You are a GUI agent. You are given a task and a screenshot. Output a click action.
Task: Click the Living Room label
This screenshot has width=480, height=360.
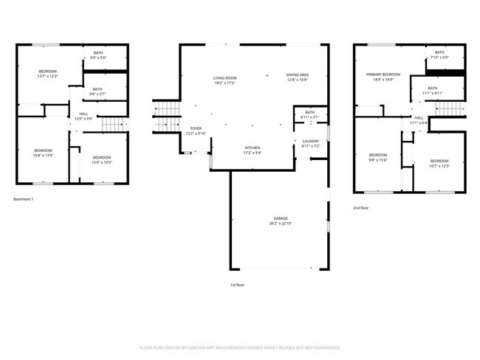tap(224, 77)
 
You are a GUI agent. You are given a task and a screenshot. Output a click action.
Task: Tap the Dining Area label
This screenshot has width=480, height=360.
tap(298, 75)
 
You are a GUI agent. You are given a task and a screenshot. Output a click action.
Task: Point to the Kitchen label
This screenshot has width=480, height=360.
tap(253, 148)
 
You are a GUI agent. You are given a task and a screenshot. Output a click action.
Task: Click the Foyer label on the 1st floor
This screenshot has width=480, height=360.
tap(196, 128)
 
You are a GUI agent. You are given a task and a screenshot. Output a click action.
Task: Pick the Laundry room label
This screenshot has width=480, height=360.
tap(310, 141)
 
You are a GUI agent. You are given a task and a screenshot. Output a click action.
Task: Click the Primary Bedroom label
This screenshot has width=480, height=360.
tap(383, 75)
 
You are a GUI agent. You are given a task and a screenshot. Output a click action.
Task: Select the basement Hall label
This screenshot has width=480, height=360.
tap(83, 114)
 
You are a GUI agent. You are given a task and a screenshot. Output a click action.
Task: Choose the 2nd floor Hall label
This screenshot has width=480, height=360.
tap(418, 118)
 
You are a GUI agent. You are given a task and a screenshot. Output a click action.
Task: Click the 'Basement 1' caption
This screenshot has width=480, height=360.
tap(24, 199)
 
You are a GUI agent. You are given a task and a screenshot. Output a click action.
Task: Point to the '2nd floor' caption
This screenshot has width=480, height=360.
tap(361, 208)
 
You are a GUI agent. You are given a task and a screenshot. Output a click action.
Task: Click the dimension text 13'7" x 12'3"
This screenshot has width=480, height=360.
tap(48, 77)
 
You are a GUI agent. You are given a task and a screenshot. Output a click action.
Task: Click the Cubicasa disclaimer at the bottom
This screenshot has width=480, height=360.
tap(239, 347)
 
